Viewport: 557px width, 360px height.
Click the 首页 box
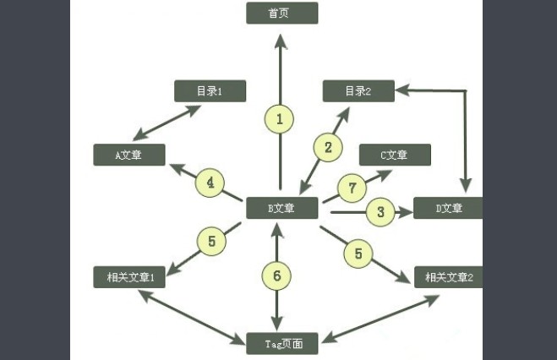point(281,13)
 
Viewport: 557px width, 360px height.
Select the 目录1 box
point(209,90)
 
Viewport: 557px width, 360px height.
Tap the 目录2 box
point(358,90)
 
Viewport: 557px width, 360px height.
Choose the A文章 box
point(129,155)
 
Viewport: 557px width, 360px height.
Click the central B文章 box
point(281,208)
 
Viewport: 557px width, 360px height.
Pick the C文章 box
point(395,155)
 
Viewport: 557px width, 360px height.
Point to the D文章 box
point(448,208)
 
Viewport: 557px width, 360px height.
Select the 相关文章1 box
point(129,277)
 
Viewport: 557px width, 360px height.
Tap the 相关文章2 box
point(448,277)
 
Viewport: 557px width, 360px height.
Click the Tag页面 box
point(281,343)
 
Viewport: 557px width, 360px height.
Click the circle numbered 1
point(280,119)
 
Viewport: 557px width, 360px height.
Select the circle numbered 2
point(328,147)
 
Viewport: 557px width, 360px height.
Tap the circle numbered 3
point(380,212)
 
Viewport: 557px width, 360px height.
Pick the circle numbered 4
point(210,183)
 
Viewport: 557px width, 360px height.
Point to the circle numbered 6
point(276,275)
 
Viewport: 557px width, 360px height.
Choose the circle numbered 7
point(352,188)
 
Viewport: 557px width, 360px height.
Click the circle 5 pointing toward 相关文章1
point(212,242)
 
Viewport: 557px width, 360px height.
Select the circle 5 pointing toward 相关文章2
point(358,252)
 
